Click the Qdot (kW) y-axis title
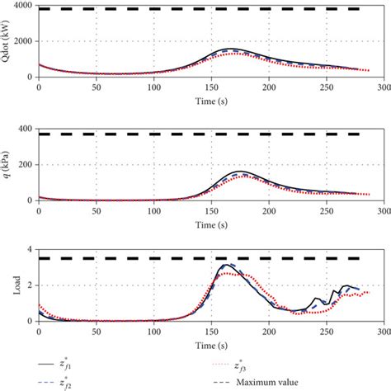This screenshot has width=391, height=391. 7,41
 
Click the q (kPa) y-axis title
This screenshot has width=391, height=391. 7,164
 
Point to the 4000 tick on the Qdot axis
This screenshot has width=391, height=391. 21,6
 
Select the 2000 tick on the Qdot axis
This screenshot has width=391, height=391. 21,41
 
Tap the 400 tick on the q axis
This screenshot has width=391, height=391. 23,128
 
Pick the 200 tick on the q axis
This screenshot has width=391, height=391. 23,164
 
